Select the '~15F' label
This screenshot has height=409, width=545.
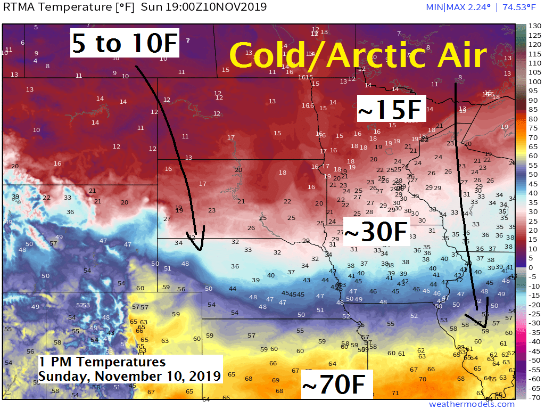tap(391, 110)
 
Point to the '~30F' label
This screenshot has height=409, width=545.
tap(377, 232)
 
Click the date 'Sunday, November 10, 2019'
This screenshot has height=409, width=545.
tap(129, 376)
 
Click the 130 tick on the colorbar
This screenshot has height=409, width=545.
tap(535, 26)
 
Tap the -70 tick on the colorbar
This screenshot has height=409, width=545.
tap(535, 397)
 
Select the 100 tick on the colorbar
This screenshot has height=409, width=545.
tap(535, 81)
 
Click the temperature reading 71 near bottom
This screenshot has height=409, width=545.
tap(395, 393)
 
